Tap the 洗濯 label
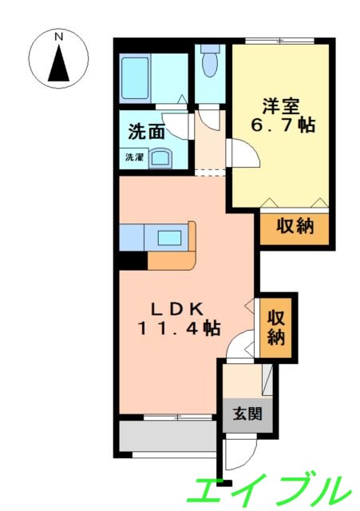[x=133, y=157]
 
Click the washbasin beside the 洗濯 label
[x=161, y=157]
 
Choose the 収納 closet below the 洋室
[x=294, y=227]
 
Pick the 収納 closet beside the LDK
[x=276, y=327]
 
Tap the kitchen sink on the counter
[x=170, y=236]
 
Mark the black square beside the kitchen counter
[x=133, y=259]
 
